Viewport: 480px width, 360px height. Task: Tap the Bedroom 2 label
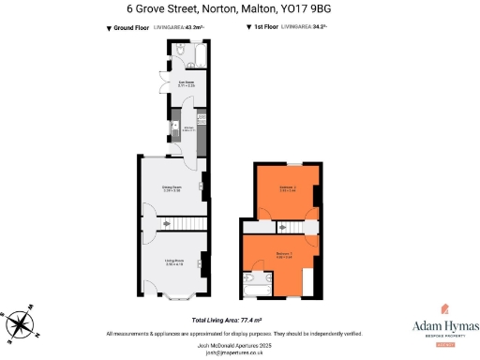(287, 189)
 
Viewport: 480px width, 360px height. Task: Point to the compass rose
(21, 324)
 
